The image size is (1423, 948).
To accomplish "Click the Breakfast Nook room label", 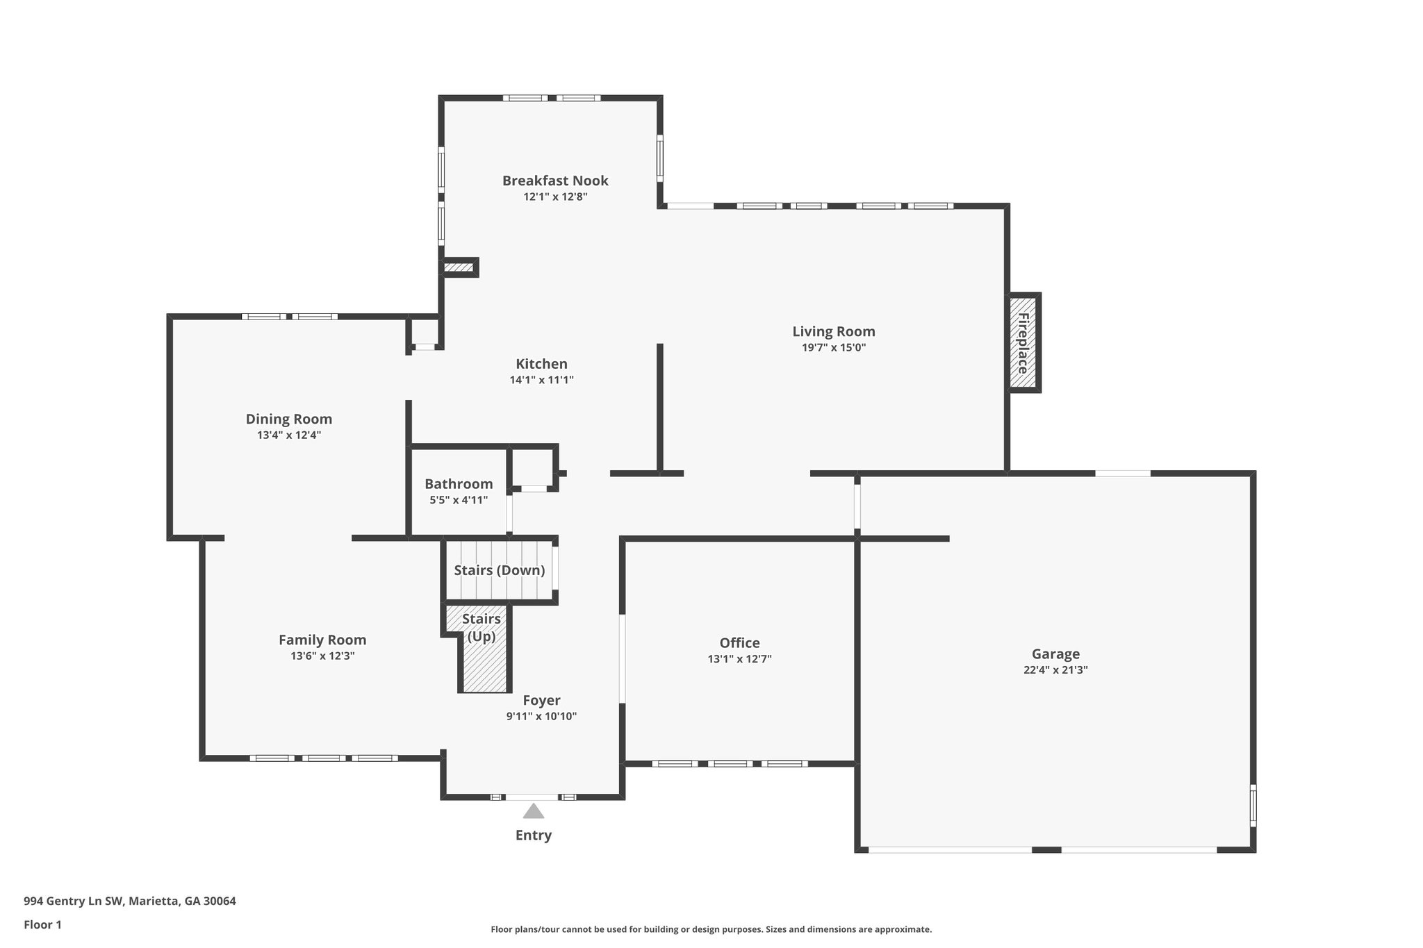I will click(x=555, y=181).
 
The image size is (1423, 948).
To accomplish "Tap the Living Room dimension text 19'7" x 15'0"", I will click(x=834, y=348).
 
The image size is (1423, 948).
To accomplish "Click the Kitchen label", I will click(x=541, y=364).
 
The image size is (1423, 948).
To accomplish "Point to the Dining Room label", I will click(x=288, y=419).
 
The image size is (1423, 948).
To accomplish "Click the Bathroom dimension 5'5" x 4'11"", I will click(x=459, y=500).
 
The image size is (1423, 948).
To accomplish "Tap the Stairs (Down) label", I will click(x=499, y=570).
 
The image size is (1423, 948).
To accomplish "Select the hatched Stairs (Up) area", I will click(x=484, y=660).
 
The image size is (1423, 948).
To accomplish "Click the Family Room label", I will click(x=322, y=640).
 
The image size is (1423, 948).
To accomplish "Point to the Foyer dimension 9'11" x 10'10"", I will click(x=541, y=717).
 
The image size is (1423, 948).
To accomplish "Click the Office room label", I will click(x=739, y=643).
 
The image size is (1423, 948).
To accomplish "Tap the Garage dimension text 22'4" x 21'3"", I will click(x=1055, y=670).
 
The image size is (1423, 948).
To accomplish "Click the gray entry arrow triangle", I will click(x=533, y=811).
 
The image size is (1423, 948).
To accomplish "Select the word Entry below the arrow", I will click(x=533, y=835).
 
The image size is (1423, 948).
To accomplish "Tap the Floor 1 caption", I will click(x=42, y=925).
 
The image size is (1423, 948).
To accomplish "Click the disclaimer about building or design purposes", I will click(x=711, y=929).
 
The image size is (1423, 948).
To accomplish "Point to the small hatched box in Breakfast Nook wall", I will click(x=458, y=267).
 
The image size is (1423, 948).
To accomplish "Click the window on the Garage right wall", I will click(x=1253, y=805).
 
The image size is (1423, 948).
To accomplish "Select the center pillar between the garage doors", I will click(x=1046, y=849).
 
